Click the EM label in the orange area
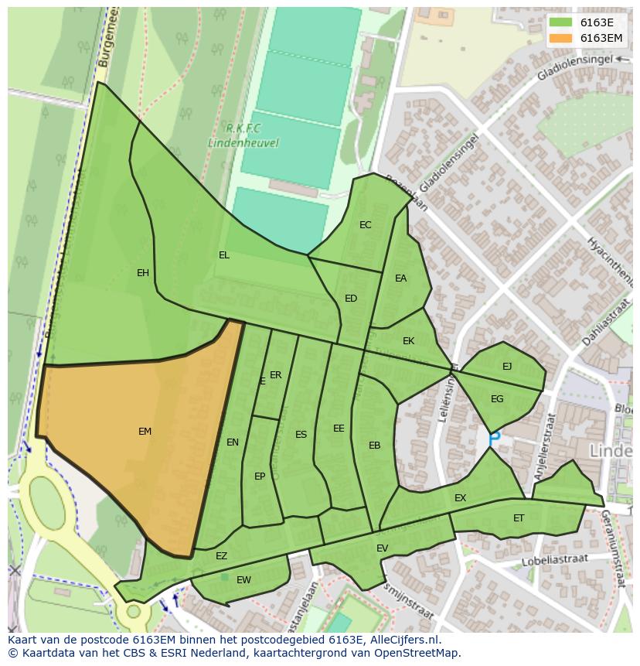[145, 432]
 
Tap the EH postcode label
[143, 273]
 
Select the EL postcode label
[224, 255]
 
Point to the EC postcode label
[366, 225]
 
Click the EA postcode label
[400, 278]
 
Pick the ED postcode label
[351, 299]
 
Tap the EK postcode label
[408, 341]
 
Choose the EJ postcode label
[507, 367]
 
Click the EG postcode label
[497, 399]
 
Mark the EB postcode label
[374, 446]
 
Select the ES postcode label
[301, 435]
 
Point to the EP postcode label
[260, 476]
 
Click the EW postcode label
[243, 580]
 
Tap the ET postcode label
[519, 518]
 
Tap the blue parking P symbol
[495, 438]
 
